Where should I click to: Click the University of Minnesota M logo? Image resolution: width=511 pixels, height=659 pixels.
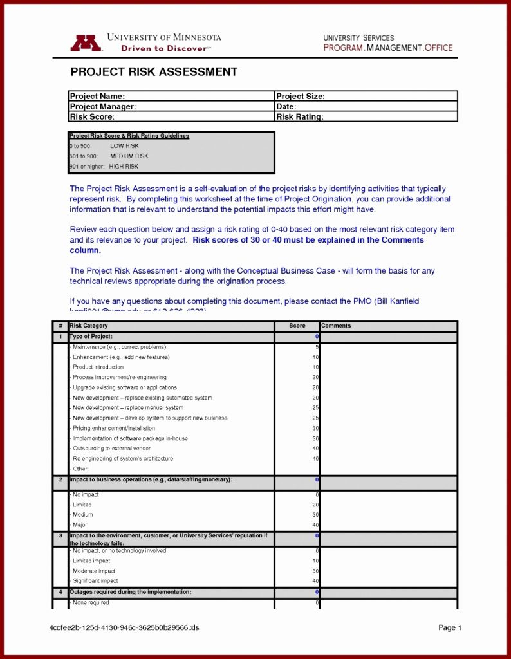point(86,43)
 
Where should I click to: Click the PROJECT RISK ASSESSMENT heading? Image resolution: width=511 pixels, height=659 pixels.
point(154,72)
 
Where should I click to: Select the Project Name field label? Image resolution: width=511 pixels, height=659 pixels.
point(97,97)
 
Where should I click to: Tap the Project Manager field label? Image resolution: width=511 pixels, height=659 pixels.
point(103,107)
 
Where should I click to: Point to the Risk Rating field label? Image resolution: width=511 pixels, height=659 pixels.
point(300,117)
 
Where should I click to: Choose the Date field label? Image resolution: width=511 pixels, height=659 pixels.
point(286,107)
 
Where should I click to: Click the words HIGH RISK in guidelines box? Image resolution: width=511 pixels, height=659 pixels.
point(124,167)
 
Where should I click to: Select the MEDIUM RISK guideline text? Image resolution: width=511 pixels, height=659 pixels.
point(129,156)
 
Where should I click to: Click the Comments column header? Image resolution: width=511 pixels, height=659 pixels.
point(336,326)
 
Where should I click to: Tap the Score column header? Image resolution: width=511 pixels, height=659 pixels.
point(297,326)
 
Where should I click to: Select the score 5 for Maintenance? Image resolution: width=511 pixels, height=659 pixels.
point(317,347)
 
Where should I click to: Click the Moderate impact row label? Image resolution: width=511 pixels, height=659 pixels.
point(94,571)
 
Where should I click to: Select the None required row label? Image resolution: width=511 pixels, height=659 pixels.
point(91,603)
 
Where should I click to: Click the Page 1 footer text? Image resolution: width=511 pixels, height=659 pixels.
point(450,628)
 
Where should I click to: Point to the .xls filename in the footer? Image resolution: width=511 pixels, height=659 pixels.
point(124,628)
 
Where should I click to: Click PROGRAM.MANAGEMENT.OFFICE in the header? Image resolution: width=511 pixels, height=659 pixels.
point(388,48)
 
